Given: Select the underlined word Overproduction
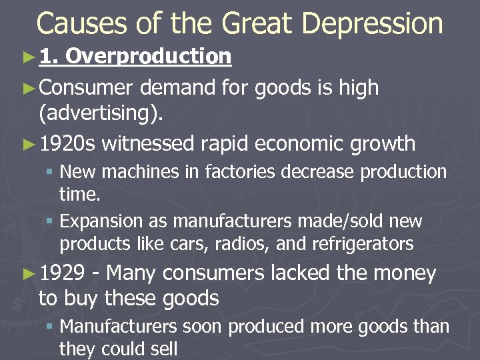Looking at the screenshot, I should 149,57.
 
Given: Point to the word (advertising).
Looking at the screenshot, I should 100,114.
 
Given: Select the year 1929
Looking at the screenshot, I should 62,273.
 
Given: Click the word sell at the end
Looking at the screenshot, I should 163,349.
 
